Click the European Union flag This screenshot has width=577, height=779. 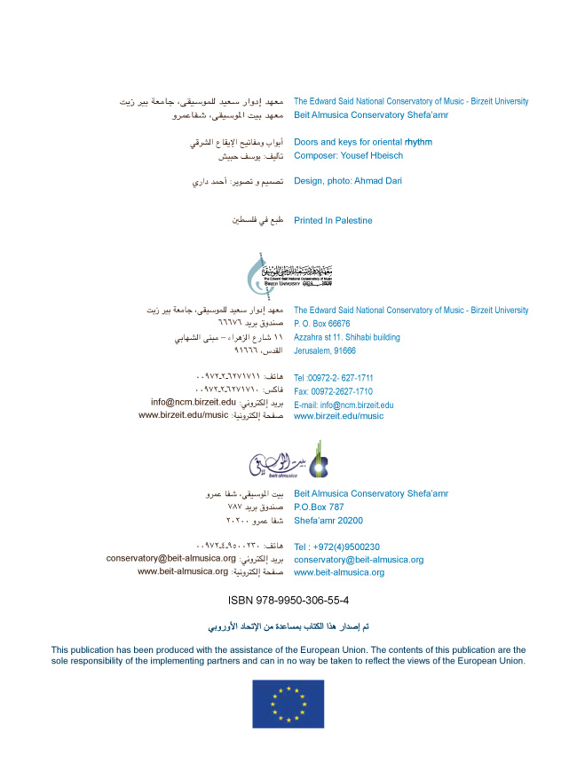tap(288, 704)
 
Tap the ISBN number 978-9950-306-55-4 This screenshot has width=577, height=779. tap(288, 600)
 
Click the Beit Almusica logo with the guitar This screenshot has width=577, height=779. tap(288, 461)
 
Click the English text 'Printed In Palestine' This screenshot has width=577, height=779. tap(333, 220)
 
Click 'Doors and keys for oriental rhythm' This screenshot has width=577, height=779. tap(363, 142)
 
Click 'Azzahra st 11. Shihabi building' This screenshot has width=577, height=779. tap(347, 337)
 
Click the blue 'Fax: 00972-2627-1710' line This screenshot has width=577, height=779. tap(333, 391)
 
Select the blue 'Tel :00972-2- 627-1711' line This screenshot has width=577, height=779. tap(333, 378)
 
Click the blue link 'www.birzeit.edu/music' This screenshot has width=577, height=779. tap(338, 415)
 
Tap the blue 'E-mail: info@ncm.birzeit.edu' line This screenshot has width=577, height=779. tap(344, 405)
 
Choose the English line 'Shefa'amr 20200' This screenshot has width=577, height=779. tap(328, 521)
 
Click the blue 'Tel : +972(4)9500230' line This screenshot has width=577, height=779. tap(336, 547)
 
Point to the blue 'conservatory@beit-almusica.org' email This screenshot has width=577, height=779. tap(359, 560)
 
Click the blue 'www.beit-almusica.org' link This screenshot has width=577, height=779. tap(339, 573)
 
